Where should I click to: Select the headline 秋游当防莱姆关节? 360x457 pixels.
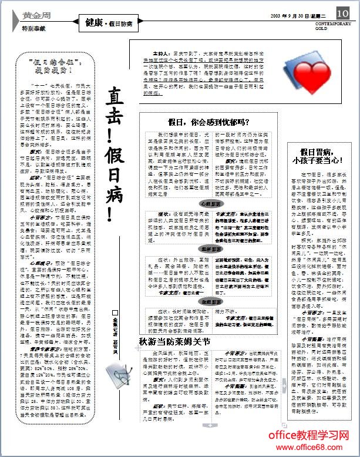(x=174, y=341)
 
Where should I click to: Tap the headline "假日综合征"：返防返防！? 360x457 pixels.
(x=52, y=65)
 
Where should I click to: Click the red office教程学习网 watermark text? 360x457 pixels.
(x=309, y=435)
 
